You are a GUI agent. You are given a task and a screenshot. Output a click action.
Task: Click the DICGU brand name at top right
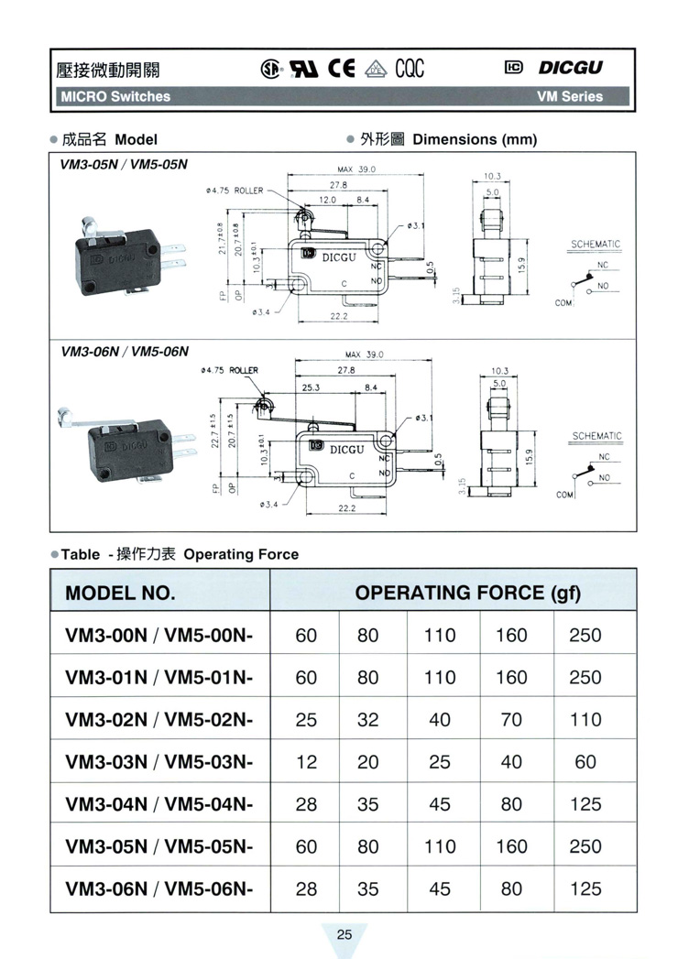[571, 68]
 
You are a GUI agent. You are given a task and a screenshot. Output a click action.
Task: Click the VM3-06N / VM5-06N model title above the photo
[124, 351]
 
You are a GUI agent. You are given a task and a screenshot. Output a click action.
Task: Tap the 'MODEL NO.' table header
[120, 593]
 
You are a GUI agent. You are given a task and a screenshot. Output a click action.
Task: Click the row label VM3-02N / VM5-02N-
[159, 719]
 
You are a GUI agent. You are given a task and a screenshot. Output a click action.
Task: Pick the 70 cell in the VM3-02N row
[511, 719]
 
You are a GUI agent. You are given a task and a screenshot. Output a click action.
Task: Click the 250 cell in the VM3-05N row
[585, 846]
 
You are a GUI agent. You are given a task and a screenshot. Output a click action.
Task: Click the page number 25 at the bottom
[344, 935]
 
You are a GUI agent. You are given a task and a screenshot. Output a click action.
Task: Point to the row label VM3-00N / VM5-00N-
[159, 635]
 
